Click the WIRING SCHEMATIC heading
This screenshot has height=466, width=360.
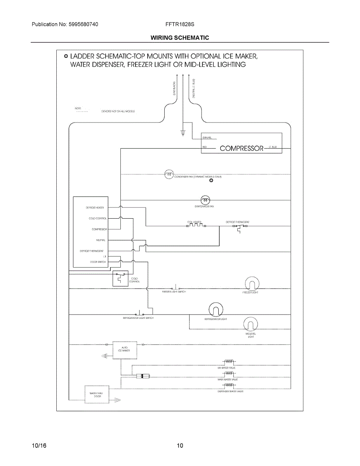(x=180, y=38)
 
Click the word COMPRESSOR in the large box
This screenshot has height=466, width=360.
(x=242, y=148)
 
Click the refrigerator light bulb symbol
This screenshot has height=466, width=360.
(x=216, y=310)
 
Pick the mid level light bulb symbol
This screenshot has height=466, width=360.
(x=250, y=325)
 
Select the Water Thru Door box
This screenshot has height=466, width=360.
(x=96, y=395)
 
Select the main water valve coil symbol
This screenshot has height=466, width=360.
(x=226, y=374)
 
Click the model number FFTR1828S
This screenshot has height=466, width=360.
(x=179, y=24)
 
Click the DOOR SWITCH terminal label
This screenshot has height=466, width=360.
(x=97, y=262)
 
